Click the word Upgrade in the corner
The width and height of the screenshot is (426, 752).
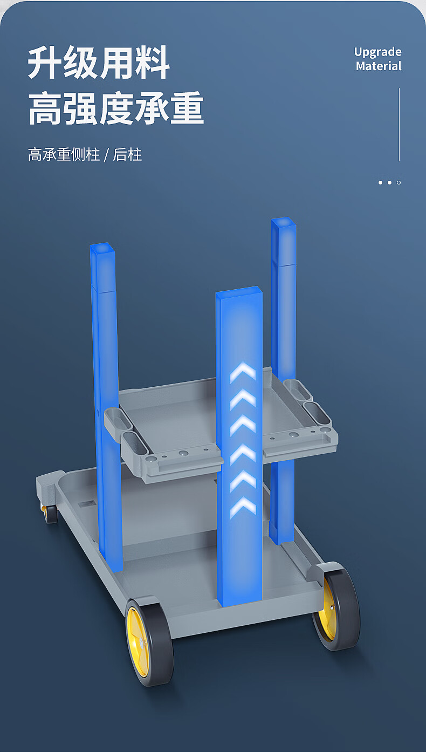pyautogui.click(x=377, y=52)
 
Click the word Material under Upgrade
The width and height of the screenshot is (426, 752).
pyautogui.click(x=379, y=66)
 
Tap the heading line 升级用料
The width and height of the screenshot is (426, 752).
pyautogui.click(x=99, y=63)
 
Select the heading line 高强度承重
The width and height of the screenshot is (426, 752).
pyautogui.click(x=116, y=108)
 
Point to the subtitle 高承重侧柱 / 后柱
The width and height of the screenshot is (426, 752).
pyautogui.click(x=85, y=155)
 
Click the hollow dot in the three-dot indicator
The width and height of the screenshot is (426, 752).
pyautogui.click(x=399, y=183)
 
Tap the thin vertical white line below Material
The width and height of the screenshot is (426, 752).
pyautogui.click(x=399, y=125)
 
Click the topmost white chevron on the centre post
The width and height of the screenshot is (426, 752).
pyautogui.click(x=242, y=372)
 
